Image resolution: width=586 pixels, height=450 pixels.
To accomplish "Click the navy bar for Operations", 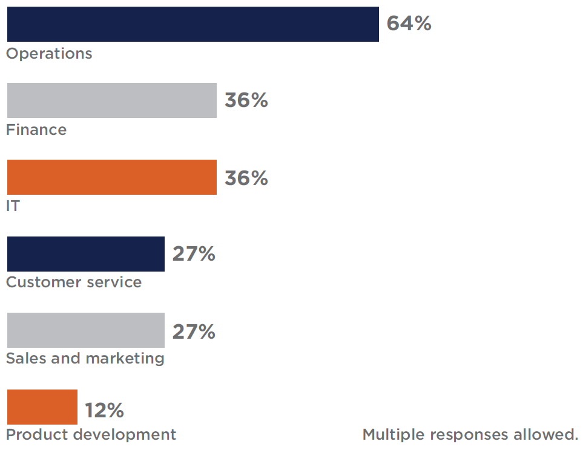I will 193,24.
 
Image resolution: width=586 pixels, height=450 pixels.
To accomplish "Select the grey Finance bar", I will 111,100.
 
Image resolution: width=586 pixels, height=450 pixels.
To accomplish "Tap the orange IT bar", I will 111,177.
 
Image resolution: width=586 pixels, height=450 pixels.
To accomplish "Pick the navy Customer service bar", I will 85,254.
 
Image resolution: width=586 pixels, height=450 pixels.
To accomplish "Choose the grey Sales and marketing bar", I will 85,330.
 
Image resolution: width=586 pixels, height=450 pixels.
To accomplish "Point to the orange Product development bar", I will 42,407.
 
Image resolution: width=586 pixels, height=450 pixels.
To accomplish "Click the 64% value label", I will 409,24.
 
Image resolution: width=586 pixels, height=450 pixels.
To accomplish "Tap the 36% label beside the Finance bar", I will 246,100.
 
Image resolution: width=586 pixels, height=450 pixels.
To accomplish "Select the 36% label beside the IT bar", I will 246,178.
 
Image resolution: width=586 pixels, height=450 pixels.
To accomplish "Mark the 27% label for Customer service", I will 194,254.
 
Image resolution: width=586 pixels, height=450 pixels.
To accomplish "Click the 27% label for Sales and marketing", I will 194,331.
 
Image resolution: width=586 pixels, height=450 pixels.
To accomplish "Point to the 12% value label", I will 104,411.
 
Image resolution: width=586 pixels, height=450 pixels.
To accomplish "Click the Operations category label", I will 49,54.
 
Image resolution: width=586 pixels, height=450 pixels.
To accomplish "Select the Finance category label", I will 36,130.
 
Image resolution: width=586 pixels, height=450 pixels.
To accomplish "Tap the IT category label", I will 12,206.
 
